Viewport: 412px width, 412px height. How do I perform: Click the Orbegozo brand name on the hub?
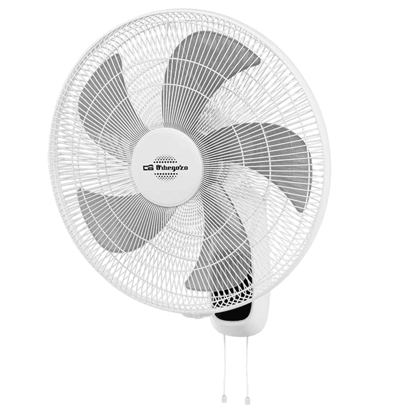[x=172, y=167]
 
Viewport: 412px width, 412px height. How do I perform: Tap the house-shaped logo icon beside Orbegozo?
[x=148, y=168]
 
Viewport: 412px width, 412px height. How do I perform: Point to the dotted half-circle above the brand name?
[x=165, y=160]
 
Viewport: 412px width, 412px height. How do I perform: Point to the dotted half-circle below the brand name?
[x=165, y=176]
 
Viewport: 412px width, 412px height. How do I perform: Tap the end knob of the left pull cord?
[x=224, y=400]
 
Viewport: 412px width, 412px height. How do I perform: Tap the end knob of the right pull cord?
[x=247, y=400]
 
